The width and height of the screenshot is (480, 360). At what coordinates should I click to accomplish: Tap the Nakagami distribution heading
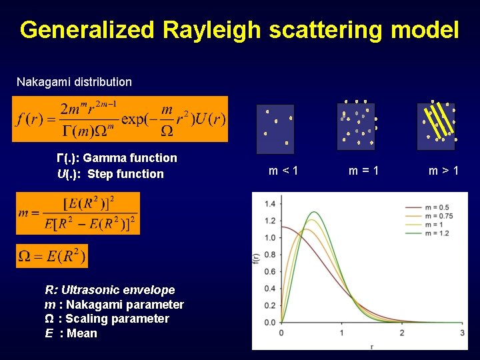coord(74,82)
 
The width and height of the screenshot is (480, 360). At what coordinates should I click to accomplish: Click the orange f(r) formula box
coord(120,119)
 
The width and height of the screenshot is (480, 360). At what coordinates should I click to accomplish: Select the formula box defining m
coord(78,213)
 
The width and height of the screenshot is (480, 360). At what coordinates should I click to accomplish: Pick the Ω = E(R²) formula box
coord(52,256)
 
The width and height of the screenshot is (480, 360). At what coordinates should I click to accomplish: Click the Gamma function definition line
coord(117,158)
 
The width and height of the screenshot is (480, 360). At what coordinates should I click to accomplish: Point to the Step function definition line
coord(111,174)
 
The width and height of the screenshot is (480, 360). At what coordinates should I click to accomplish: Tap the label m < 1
coord(283,171)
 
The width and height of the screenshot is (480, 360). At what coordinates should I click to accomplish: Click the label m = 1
coord(364,171)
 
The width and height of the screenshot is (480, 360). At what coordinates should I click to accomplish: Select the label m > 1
coord(443,171)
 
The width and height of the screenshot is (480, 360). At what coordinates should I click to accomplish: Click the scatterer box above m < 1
coord(275,128)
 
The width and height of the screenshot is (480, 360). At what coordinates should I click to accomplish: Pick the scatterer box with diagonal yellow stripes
coord(437,122)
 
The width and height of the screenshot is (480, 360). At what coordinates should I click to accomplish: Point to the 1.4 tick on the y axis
coord(270,203)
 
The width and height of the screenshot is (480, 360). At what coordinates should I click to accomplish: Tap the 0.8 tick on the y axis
coord(270,255)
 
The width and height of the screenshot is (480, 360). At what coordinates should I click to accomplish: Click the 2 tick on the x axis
coord(401,333)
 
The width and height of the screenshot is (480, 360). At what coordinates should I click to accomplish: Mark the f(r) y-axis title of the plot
coord(256,261)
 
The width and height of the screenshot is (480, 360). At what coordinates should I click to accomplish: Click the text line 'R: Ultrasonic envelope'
coord(110,290)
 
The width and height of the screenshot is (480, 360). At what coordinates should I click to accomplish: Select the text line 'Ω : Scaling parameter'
coord(107,319)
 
